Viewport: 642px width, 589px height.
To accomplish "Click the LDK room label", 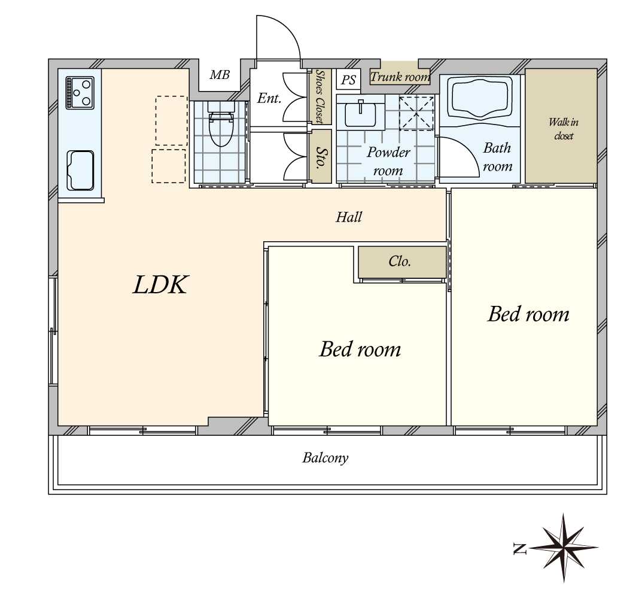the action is (160, 285).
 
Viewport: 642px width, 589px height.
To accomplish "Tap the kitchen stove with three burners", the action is (80, 93).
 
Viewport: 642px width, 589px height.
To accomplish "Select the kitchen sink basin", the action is (80, 171).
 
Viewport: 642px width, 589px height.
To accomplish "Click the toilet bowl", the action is (221, 127).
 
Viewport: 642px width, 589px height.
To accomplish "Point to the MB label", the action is (220, 75).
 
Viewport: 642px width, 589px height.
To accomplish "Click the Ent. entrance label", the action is (269, 98).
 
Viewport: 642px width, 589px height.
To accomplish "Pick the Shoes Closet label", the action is (320, 96).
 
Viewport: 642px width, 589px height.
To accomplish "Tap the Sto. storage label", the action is (320, 156).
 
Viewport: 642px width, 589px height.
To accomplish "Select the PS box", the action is (348, 80).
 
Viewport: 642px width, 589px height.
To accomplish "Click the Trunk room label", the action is (400, 77).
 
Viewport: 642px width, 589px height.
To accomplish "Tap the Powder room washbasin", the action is (360, 114).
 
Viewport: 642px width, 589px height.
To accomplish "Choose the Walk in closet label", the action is (564, 129).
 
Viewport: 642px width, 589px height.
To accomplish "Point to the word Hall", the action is (349, 217).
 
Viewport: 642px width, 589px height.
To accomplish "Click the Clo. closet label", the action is (400, 262).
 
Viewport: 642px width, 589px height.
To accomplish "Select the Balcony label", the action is (325, 457).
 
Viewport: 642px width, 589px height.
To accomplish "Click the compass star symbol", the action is (564, 547).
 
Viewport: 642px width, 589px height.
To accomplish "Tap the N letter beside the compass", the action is (519, 548).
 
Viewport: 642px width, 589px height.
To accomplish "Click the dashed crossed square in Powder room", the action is (416, 113).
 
